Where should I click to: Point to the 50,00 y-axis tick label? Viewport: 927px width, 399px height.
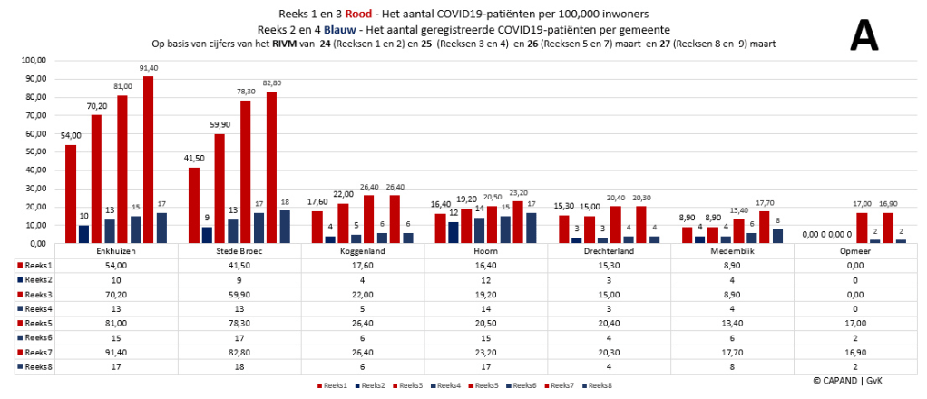tap(34, 151)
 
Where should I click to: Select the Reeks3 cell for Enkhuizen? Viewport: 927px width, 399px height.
tap(115, 295)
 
